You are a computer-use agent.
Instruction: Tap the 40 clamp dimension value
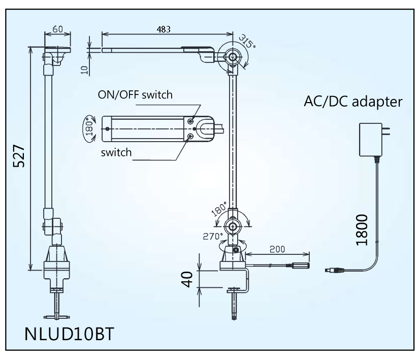pos(188,279)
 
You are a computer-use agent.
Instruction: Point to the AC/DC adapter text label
pos(353,102)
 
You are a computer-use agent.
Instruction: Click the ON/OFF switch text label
pos(136,95)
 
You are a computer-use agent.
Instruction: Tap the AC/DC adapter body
pos(373,140)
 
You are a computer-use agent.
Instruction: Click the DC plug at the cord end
pos(334,270)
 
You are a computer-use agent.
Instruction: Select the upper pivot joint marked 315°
pos(233,57)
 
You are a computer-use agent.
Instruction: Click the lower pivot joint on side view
pos(233,226)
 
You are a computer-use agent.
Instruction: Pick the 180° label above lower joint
pos(219,208)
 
